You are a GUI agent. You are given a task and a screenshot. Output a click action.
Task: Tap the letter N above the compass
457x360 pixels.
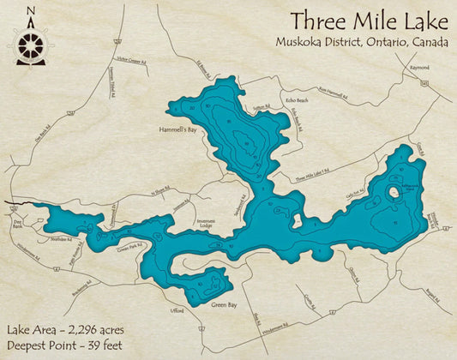[31, 11]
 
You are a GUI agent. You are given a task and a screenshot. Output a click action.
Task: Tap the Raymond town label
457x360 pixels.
[419, 67]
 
